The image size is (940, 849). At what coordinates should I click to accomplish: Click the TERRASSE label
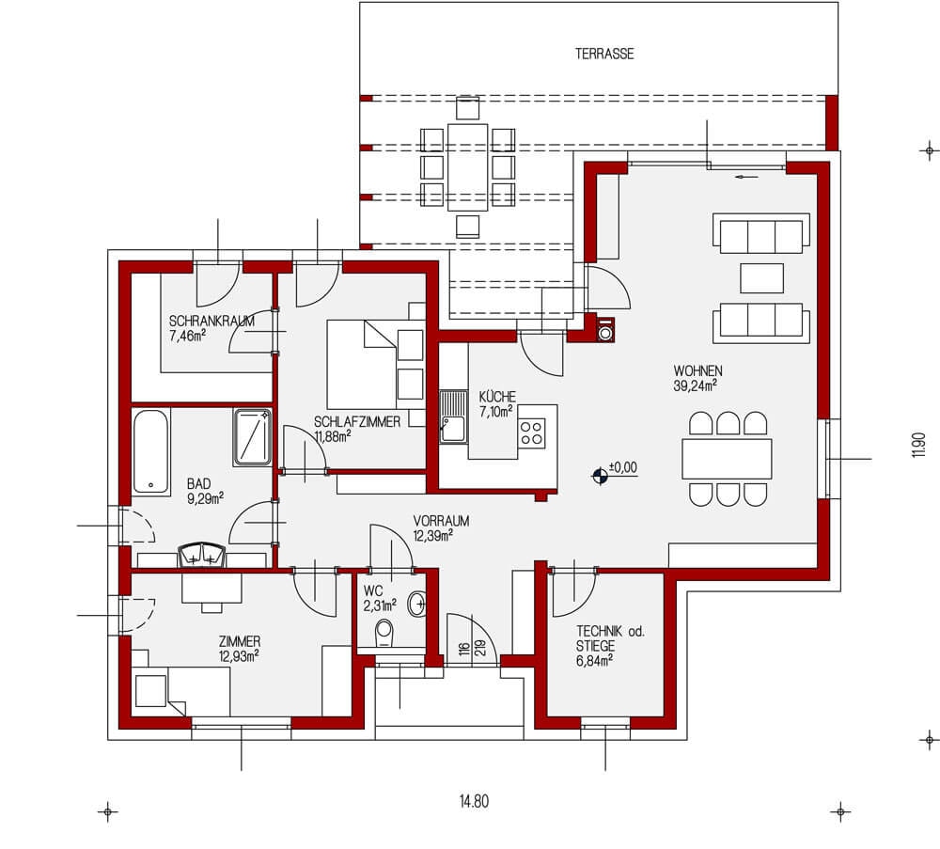604,54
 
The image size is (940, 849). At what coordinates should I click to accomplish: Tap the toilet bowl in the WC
384,635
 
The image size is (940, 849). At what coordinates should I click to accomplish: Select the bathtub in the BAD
150,451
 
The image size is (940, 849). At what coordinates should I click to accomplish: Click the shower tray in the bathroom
252,437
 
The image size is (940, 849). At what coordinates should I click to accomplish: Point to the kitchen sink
453,417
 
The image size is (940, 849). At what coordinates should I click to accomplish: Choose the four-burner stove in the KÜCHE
532,432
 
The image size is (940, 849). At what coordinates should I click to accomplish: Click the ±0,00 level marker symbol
600,476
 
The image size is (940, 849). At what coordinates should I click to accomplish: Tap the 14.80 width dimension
474,801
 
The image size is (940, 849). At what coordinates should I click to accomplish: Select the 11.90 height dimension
919,446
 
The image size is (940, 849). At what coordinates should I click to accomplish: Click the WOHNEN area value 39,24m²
696,385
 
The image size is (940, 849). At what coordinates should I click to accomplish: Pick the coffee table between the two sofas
761,278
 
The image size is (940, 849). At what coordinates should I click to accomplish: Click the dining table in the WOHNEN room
727,459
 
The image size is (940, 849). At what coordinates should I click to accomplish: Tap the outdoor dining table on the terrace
467,167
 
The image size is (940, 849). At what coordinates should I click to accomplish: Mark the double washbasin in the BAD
202,556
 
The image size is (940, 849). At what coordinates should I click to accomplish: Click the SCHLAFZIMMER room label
357,422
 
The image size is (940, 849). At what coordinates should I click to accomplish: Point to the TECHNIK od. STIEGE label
610,638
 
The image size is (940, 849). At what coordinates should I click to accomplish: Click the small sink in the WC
416,604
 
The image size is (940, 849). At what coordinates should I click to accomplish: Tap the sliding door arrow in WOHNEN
746,177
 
